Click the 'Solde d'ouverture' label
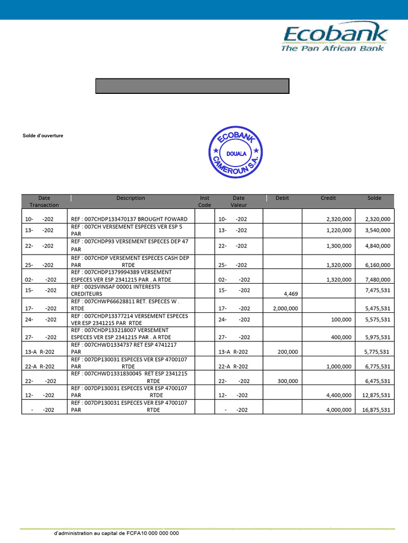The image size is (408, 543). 43,136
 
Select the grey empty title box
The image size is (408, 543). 192,86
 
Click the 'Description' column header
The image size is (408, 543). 131,198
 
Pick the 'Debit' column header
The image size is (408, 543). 283,198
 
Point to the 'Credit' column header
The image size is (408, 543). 328,198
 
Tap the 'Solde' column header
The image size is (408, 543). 375,198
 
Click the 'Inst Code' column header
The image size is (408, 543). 205,202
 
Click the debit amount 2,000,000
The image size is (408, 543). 285,308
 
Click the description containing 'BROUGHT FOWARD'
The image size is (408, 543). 129,218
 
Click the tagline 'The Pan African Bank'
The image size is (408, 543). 333,48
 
